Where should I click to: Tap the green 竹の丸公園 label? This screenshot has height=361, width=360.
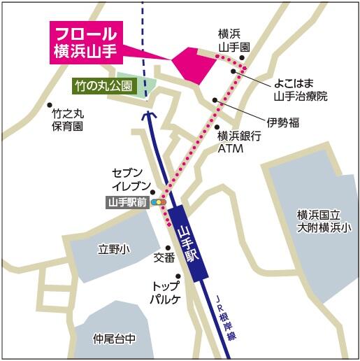(x=103, y=86)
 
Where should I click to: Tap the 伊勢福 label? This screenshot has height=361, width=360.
(x=283, y=122)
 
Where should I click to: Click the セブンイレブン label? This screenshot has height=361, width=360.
(x=131, y=179)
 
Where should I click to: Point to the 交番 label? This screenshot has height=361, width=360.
(x=164, y=257)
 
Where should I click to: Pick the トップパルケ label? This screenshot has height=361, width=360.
(x=166, y=293)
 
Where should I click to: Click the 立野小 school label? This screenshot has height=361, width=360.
(x=113, y=248)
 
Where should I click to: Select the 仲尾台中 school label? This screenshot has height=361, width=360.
(x=113, y=339)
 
